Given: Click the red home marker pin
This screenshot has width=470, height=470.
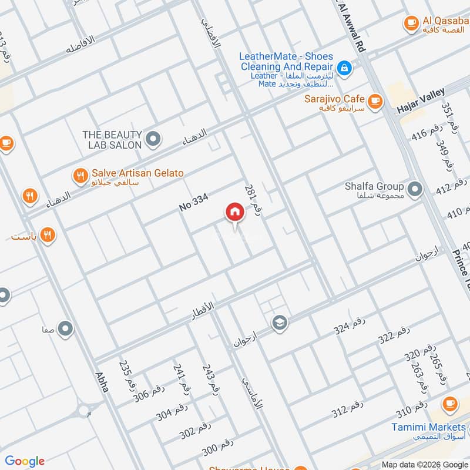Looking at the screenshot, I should click(234, 213).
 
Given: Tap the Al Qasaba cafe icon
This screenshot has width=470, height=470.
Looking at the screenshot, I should click(411, 23).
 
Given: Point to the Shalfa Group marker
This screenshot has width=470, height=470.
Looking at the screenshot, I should click(415, 189).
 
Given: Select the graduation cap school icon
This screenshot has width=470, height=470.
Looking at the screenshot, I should click(279, 323).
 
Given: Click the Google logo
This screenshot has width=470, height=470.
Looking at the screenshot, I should click(24, 461).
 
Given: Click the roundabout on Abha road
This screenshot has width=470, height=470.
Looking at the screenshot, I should click(83, 409).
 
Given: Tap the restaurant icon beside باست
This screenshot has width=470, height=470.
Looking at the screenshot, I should click(49, 236).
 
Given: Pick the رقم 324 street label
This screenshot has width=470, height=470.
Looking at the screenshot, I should click(350, 326).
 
